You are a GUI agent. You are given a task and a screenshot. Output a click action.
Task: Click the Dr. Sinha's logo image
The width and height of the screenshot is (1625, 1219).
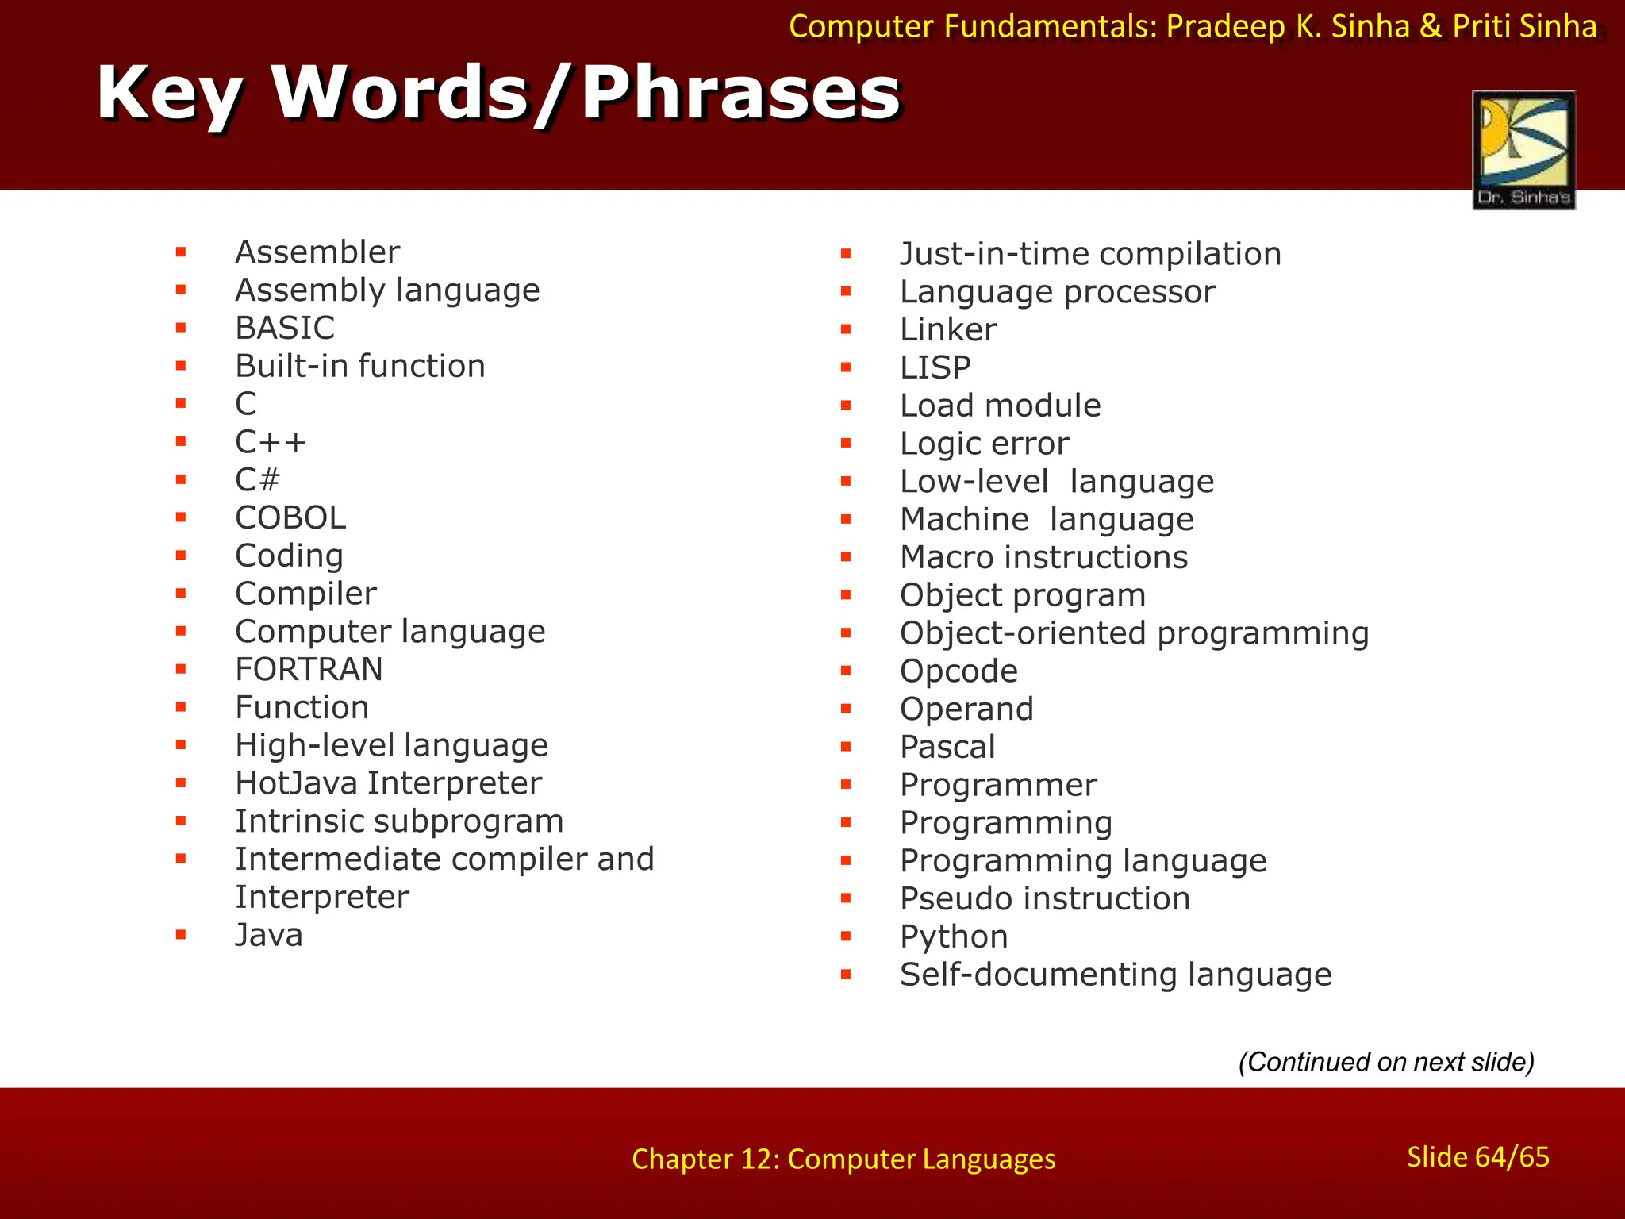pos(1523,150)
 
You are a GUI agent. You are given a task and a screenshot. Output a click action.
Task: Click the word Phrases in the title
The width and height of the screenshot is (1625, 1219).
pos(740,94)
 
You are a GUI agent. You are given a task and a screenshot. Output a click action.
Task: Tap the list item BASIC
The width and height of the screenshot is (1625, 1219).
pos(285,328)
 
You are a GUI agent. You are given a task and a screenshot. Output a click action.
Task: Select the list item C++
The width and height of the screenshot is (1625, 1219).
pos(271,442)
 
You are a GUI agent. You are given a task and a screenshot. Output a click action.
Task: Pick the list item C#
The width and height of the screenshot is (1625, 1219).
pos(257,480)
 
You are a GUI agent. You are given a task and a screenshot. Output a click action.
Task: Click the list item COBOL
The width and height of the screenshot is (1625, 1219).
pos(290,518)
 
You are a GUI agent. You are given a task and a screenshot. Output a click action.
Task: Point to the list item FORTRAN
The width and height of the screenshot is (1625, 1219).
pos(309,670)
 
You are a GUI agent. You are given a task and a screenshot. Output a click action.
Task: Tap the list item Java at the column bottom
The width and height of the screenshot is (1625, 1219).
pos(269,935)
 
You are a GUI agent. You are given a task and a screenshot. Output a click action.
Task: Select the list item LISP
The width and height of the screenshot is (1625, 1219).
pos(935,367)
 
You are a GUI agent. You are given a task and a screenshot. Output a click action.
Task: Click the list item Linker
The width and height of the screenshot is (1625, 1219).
pos(947,329)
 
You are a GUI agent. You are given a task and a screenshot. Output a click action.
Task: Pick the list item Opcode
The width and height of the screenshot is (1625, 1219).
pos(958,671)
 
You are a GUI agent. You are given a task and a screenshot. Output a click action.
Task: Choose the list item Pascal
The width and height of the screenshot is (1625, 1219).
pos(947,747)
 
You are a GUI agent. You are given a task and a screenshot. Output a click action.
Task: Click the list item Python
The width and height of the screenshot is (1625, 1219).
pos(953,936)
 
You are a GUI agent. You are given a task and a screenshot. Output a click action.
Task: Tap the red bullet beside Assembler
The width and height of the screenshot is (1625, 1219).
pos(181,252)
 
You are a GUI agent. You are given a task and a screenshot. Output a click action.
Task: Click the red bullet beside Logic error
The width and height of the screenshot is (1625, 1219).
pos(846,444)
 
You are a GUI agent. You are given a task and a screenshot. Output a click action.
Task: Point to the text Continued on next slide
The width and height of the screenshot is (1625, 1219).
pos(1385,1062)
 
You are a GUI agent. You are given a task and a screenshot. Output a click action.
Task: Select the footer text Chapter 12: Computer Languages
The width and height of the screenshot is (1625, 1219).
pos(843,1159)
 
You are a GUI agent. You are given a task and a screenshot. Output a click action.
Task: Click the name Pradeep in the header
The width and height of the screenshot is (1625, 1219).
pos(1224,27)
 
